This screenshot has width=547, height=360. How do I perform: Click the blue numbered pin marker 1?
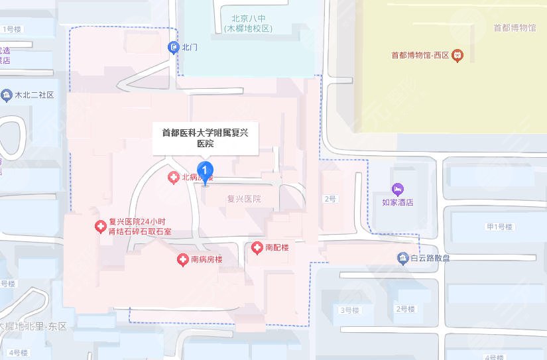[206, 170]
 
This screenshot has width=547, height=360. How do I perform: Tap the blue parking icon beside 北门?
[174, 47]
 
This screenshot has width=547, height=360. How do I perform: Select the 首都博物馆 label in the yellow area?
[515, 28]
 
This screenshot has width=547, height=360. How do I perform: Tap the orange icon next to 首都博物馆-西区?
[457, 56]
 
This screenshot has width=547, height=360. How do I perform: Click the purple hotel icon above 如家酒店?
[397, 190]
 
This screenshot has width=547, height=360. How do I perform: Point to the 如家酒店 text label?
[398, 202]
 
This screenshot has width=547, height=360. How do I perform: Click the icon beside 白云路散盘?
[402, 258]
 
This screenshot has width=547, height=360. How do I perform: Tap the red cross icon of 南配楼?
[257, 248]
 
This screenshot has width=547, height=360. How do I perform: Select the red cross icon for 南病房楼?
[182, 260]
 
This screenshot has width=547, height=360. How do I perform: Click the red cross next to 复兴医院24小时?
[100, 227]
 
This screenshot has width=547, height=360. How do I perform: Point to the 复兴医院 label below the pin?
[243, 199]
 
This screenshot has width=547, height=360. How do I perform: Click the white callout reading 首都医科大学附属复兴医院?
[206, 137]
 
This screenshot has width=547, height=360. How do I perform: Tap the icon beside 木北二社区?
[7, 95]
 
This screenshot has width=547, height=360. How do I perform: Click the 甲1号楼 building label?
[500, 227]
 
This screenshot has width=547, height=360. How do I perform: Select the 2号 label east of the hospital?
[330, 199]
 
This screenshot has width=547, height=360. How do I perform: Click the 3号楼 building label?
[349, 310]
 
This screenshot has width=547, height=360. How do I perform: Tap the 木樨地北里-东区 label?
[29, 326]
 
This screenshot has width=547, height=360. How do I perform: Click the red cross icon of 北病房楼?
[171, 177]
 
